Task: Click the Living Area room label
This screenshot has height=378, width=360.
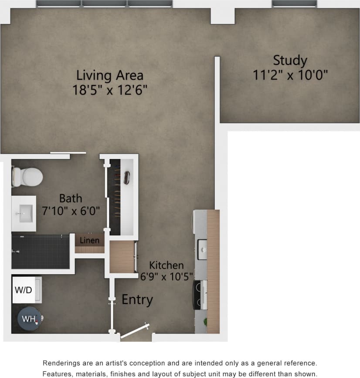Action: coord(110,75)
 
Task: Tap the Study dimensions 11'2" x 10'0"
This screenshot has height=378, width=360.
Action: coord(290,75)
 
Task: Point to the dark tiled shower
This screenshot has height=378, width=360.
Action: coord(40,252)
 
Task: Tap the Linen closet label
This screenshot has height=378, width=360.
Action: coord(89,240)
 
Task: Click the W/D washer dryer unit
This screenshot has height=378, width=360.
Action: coord(24,290)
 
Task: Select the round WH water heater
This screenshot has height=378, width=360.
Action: coord(29,319)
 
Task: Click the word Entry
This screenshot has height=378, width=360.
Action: coord(137,300)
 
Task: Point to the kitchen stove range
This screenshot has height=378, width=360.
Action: coord(200,295)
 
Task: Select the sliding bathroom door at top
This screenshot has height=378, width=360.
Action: coord(68,153)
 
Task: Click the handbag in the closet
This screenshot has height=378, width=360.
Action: coord(128,177)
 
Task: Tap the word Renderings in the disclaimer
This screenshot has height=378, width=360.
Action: coord(61,363)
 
